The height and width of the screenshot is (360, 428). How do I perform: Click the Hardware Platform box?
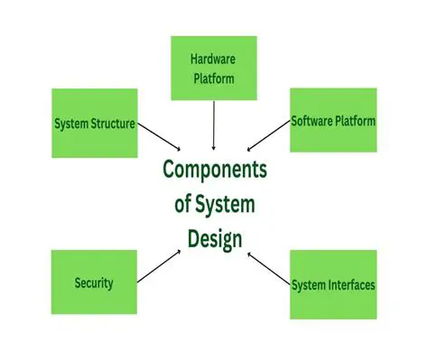214,68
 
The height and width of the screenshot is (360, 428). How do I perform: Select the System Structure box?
95,124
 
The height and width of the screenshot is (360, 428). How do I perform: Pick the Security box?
94,282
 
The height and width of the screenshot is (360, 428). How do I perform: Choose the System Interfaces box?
332,284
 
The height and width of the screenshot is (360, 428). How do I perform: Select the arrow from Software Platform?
268,136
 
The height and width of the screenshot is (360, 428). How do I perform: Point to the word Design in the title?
214,238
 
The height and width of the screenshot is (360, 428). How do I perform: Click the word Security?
94,282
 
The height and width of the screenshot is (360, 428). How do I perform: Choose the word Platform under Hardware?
214,78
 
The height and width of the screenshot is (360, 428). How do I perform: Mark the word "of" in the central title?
184,204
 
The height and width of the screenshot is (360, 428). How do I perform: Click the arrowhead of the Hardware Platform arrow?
214,145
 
